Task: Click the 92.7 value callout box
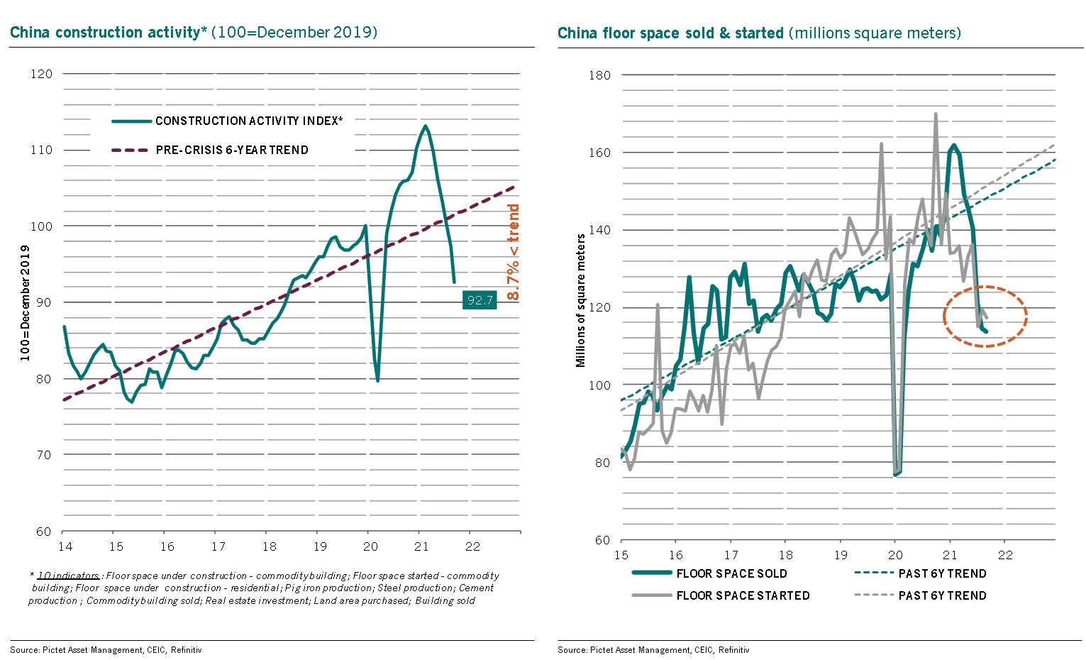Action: click(x=480, y=300)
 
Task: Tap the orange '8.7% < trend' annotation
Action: click(x=513, y=252)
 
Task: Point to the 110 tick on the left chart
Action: click(x=41, y=150)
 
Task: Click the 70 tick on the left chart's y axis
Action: click(x=44, y=455)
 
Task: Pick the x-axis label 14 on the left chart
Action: click(x=65, y=546)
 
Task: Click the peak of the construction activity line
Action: click(x=425, y=126)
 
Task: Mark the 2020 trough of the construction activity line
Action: click(x=377, y=380)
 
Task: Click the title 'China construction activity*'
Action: click(x=107, y=33)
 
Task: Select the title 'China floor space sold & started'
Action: click(x=670, y=33)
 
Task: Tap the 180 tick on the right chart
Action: click(x=599, y=75)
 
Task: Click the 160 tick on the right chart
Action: click(x=599, y=153)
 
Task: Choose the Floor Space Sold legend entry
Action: click(x=731, y=573)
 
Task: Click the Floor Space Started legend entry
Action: click(x=743, y=595)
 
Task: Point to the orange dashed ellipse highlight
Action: click(x=985, y=316)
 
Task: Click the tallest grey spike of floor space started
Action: click(x=936, y=114)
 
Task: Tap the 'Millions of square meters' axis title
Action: click(x=581, y=300)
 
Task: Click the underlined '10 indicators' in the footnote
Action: click(x=68, y=576)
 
